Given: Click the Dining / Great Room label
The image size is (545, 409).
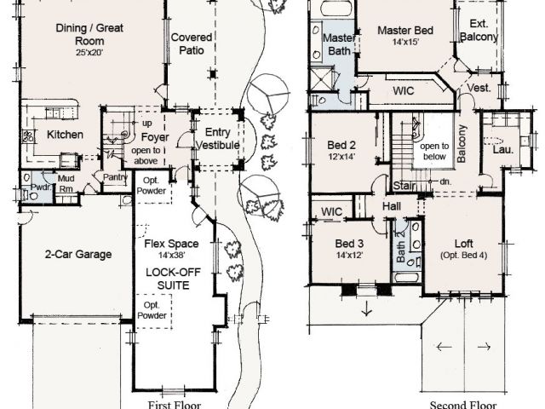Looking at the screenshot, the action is (89, 34).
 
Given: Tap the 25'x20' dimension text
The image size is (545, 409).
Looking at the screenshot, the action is (89, 53).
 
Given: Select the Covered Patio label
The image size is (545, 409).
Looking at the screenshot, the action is (192, 43).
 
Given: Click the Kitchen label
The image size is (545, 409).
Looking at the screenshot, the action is (65, 135).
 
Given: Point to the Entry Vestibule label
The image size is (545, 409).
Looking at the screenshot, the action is (218, 138).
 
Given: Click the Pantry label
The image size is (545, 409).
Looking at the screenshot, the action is (116, 177).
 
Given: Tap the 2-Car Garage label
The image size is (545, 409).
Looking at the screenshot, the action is (78, 254).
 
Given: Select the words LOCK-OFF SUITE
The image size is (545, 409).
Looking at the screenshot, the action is (173, 279).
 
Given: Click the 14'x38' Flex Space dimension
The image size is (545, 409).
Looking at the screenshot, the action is (171, 256).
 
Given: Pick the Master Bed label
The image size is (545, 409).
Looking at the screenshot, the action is (405, 31).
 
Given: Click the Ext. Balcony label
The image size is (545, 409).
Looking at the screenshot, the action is (479, 30).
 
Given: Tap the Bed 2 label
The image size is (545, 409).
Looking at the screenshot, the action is (341, 145).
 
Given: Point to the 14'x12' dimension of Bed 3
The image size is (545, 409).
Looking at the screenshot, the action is (349, 256).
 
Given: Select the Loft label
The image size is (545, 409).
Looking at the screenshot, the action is (464, 244).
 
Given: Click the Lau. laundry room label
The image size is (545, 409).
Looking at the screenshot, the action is (503, 150).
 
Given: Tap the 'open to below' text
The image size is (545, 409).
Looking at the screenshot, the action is (434, 152).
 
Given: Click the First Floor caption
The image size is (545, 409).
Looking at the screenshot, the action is (174, 405).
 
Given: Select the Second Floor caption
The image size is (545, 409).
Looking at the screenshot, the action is (463, 405).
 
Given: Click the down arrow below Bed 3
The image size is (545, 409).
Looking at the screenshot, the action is (367, 308).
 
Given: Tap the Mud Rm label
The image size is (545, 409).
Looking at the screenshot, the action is (66, 184).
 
